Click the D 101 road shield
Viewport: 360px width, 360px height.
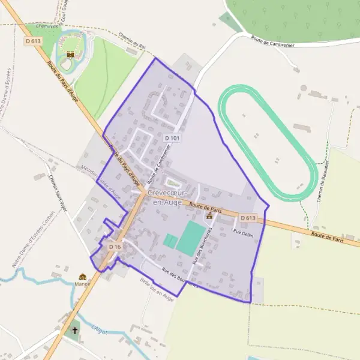tap(172, 139)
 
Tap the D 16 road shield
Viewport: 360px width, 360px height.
tap(115, 247)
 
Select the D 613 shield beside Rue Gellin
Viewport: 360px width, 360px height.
tap(248, 218)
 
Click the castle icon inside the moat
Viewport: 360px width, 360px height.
tap(71, 54)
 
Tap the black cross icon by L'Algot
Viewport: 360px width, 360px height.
tap(74, 330)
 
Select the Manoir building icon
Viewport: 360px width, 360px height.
tap(83, 277)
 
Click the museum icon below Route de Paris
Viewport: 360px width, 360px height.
tap(209, 215)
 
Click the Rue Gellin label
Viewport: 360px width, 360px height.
tap(243, 233)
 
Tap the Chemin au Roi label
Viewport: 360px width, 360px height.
tap(133, 41)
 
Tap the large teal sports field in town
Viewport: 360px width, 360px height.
tap(190, 238)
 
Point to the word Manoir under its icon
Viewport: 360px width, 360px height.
tap(83, 284)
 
